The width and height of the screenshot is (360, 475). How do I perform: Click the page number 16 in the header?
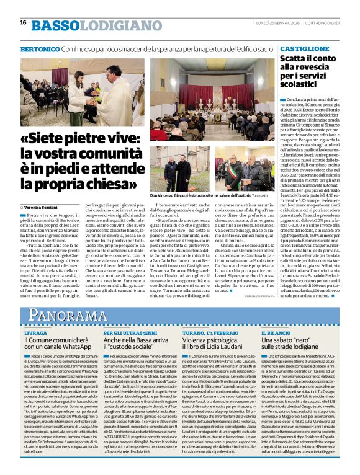click(x=23, y=22)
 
